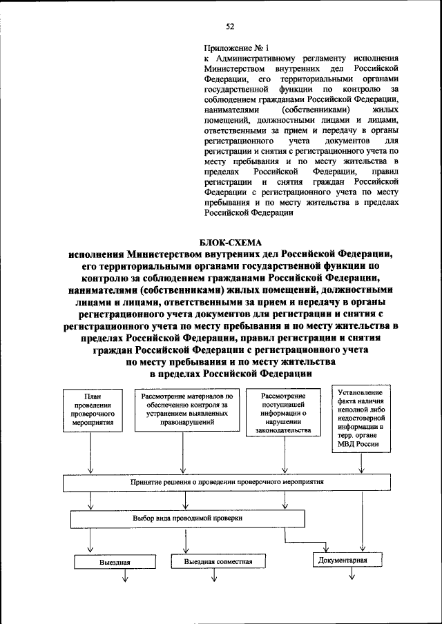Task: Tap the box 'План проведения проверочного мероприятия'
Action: click(93, 412)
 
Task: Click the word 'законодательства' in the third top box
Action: click(283, 430)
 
